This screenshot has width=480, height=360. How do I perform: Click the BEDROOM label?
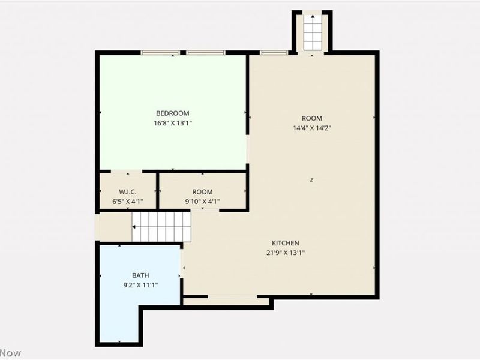point(173,113)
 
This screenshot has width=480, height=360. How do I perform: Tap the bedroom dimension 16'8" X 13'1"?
point(173,123)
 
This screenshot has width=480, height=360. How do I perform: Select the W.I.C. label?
point(127,192)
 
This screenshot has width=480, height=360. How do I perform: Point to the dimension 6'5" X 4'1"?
point(127,202)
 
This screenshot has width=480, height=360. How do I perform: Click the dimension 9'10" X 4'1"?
point(203,202)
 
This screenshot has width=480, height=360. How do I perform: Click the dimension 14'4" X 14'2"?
point(312,128)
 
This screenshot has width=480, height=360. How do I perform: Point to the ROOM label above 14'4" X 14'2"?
point(312,118)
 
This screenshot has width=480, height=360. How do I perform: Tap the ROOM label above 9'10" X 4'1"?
point(203,192)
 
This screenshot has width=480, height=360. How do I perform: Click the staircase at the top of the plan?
point(312,32)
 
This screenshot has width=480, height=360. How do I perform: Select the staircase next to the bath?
point(161,227)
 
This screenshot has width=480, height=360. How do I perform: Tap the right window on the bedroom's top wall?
point(206,53)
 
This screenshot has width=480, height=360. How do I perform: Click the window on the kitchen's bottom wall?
point(232,296)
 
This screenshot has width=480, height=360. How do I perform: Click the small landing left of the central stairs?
point(114,227)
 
